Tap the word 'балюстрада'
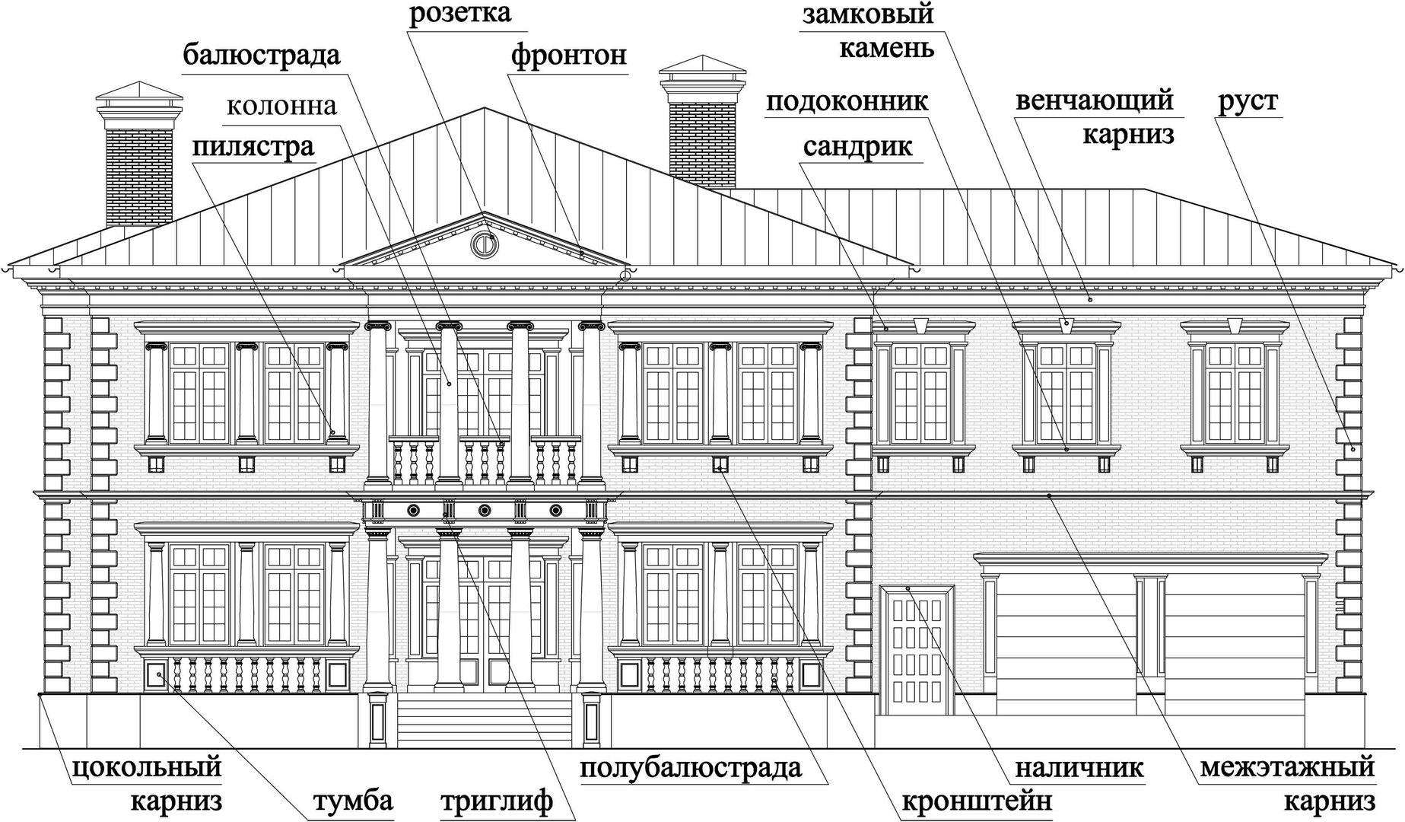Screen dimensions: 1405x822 coord(262,56)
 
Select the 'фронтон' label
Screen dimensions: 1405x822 coord(569,56)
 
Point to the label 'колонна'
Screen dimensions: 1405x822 coord(282,106)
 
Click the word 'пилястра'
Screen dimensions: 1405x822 coord(253,146)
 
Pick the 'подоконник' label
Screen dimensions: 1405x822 coord(847,102)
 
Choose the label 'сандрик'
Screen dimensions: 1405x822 coord(858,146)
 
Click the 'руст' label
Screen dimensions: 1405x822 coord(1248,102)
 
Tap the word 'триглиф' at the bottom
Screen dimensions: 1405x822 coord(497,802)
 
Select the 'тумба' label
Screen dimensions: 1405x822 coord(354,802)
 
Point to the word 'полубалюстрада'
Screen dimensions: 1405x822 coord(691,768)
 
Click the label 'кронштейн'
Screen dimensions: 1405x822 coord(977,802)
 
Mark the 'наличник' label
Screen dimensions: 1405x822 coord(1079,767)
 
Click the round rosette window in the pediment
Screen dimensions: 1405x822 coord(482,245)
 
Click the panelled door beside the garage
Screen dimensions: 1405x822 coord(917,651)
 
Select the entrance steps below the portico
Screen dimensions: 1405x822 coord(484,719)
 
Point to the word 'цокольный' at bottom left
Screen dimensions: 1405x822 coord(147,767)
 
